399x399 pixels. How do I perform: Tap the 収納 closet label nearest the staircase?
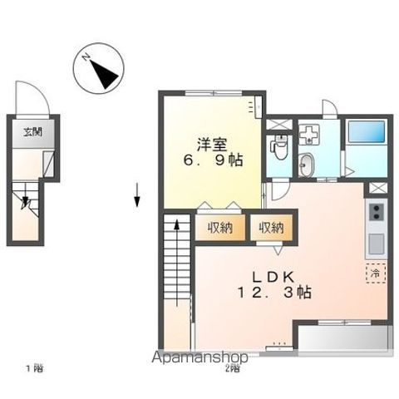tap(220, 227)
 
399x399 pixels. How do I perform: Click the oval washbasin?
tap(308, 164)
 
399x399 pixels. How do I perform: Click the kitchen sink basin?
tap(376, 244)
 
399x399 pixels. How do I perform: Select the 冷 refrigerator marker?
tap(375, 272)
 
